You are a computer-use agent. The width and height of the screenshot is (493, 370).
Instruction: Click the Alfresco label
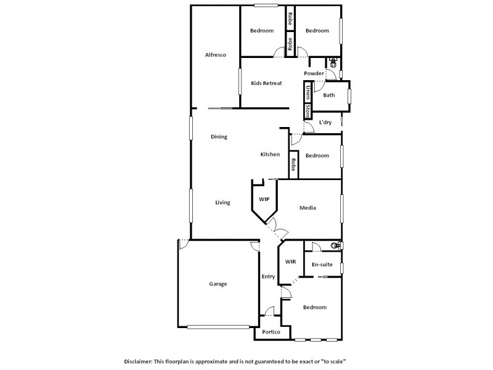click(216, 55)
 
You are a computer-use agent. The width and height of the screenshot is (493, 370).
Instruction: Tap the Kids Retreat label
click(266, 83)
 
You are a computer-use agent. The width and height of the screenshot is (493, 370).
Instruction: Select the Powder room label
click(314, 73)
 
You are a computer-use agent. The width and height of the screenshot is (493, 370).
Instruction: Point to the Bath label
click(329, 95)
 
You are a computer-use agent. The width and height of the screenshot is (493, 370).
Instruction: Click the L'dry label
click(325, 122)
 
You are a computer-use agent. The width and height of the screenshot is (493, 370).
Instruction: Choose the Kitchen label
click(270, 154)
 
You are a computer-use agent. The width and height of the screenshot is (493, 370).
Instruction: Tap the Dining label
click(219, 137)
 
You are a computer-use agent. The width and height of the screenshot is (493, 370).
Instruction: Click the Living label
click(222, 202)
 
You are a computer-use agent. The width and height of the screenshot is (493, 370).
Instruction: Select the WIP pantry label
click(264, 200)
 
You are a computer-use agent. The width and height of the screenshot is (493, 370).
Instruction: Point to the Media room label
click(308, 208)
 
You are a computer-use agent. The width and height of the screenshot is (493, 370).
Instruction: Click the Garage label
click(218, 284)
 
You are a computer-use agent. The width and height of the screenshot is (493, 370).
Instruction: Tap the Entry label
click(268, 276)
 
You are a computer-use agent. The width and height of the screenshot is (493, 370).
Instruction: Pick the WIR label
click(290, 262)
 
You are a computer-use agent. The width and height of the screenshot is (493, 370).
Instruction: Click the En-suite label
click(322, 265)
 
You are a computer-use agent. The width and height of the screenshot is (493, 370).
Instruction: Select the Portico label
click(271, 332)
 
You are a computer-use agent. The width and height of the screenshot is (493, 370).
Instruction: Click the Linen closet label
click(306, 93)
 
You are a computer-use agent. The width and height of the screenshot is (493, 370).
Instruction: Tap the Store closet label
click(306, 111)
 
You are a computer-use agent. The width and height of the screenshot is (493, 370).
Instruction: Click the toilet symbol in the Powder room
click(333, 63)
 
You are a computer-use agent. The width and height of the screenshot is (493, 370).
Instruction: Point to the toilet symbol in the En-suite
click(335, 245)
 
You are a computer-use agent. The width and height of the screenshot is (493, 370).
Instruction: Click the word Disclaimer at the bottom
click(140, 361)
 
